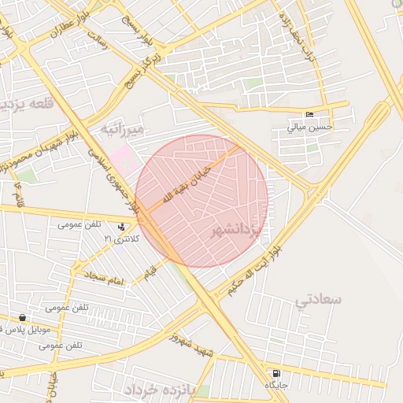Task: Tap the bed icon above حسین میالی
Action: [x=310, y=114]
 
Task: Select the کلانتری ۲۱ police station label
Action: [x=121, y=238]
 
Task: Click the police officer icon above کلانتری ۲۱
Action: [x=121, y=227]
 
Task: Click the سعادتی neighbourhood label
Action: [x=319, y=299]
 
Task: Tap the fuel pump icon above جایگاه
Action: [x=275, y=373]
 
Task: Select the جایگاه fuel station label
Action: [x=275, y=385]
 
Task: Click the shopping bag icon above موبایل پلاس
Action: [x=22, y=318]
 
